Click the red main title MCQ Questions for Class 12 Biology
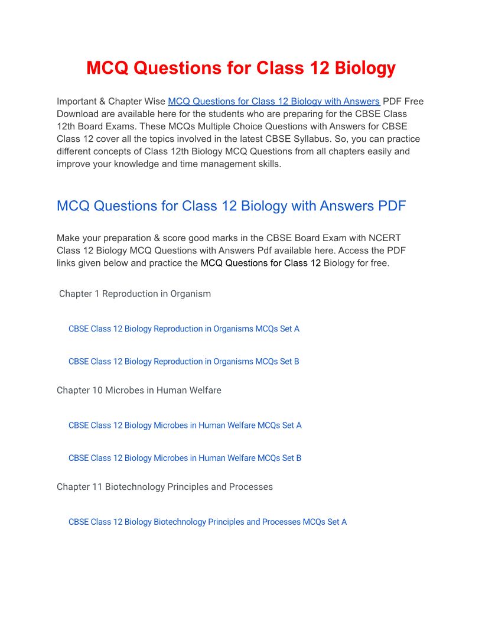point(241,68)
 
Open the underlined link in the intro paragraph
point(273,101)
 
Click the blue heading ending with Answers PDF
point(231,206)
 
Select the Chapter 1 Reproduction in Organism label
point(135,294)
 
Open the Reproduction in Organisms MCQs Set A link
point(184,329)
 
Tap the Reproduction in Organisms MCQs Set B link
point(184,361)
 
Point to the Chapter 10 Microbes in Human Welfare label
point(139,390)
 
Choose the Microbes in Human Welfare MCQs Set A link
point(185,425)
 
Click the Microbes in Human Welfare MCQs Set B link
point(185,458)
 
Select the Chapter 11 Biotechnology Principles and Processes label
point(165,487)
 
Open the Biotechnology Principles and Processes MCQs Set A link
point(207,522)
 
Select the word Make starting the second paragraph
point(68,238)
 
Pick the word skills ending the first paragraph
point(268,164)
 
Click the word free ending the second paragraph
point(378,263)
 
